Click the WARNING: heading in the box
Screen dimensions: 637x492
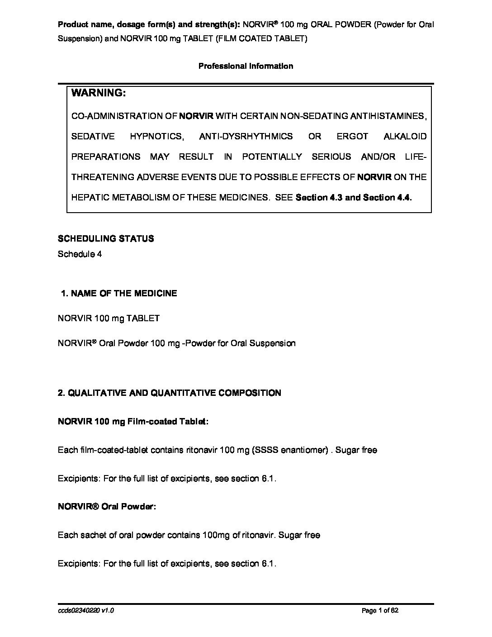point(98,93)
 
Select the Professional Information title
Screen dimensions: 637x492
point(246,66)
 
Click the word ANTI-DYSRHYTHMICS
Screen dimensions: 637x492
point(246,136)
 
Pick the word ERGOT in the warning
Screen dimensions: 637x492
point(352,136)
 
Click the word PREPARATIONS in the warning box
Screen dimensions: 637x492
point(106,157)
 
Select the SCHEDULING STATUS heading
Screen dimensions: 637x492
point(106,238)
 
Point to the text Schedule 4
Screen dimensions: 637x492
point(80,254)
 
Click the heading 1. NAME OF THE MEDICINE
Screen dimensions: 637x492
point(119,293)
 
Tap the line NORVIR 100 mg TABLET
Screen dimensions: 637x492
point(109,318)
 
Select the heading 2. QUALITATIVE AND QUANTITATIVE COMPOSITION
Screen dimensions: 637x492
point(170,393)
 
